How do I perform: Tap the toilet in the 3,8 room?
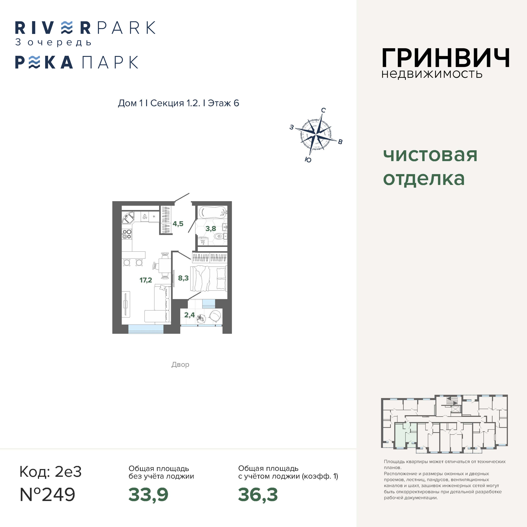[x=219, y=236]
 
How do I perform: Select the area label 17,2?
[x=146, y=280]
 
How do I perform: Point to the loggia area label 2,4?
[x=189, y=315]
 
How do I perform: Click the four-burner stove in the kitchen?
[x=127, y=234]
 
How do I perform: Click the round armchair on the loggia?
[x=215, y=316]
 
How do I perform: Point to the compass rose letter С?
[x=323, y=110]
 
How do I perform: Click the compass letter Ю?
[x=308, y=160]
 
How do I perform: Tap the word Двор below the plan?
[x=180, y=365]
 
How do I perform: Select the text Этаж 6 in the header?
[x=223, y=103]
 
